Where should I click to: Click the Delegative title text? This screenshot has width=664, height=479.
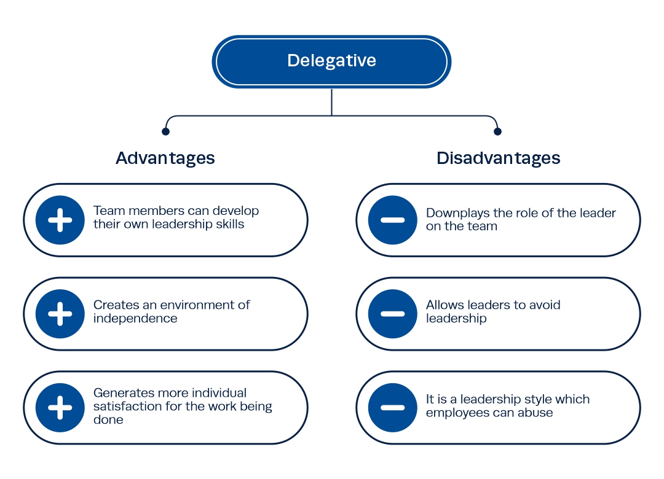pyautogui.click(x=331, y=61)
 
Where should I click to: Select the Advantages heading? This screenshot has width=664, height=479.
pyautogui.click(x=165, y=158)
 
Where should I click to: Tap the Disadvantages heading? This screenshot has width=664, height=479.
pyautogui.click(x=499, y=158)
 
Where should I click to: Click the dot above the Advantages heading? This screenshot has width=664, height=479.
pyautogui.click(x=165, y=131)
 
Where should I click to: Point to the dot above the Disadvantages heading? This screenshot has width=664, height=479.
pyautogui.click(x=497, y=131)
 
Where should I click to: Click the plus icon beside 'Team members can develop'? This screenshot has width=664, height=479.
pyautogui.click(x=60, y=220)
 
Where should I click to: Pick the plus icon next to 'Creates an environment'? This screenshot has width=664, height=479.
pyautogui.click(x=60, y=314)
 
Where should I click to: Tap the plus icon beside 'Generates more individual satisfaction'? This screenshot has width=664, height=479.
pyautogui.click(x=60, y=408)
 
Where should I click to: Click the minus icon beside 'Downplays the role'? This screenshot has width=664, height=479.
pyautogui.click(x=392, y=220)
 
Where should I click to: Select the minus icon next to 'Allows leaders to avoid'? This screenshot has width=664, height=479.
pyautogui.click(x=392, y=314)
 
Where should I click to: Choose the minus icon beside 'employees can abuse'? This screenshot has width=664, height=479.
pyautogui.click(x=392, y=408)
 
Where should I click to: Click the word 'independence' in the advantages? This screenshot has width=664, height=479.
pyautogui.click(x=135, y=319)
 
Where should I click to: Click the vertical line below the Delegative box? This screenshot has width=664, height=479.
pyautogui.click(x=331, y=101)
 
